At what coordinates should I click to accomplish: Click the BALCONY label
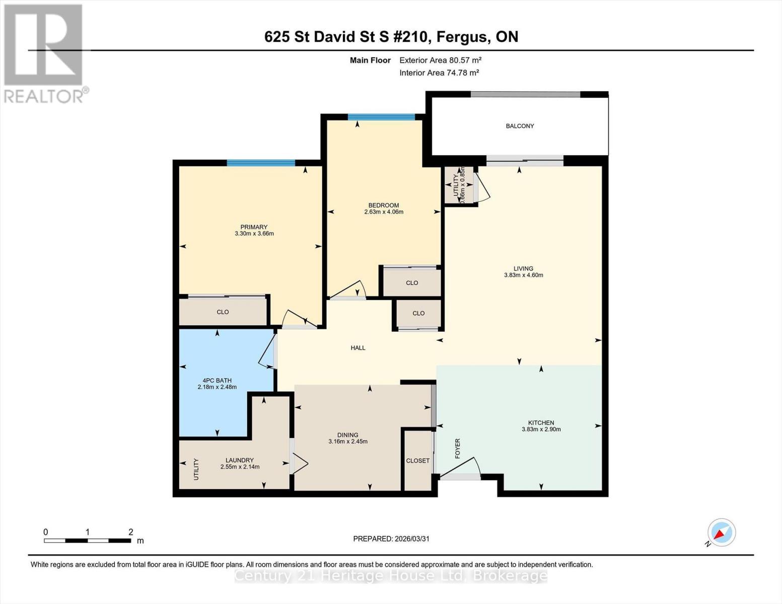520,126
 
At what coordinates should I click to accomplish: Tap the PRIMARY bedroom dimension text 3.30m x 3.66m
254,234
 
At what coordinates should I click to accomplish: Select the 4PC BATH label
217,380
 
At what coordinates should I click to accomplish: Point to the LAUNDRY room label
240,460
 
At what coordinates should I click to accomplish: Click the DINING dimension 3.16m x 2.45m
347,441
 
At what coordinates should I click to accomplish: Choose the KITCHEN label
541,423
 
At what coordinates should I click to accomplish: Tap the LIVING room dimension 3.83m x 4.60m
523,275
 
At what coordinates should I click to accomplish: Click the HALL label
358,348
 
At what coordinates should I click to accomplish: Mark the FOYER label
457,448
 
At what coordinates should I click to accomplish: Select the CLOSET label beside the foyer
417,461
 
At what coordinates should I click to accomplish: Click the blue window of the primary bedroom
261,163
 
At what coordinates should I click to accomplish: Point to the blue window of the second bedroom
381,117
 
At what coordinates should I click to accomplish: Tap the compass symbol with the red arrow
721,533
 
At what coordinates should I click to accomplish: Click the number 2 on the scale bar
130,532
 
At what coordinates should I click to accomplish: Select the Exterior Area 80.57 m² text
440,60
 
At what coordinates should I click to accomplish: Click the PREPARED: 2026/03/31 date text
391,539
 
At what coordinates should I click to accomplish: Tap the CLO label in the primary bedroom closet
223,312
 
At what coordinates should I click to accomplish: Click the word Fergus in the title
464,37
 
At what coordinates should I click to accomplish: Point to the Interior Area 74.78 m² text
439,72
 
